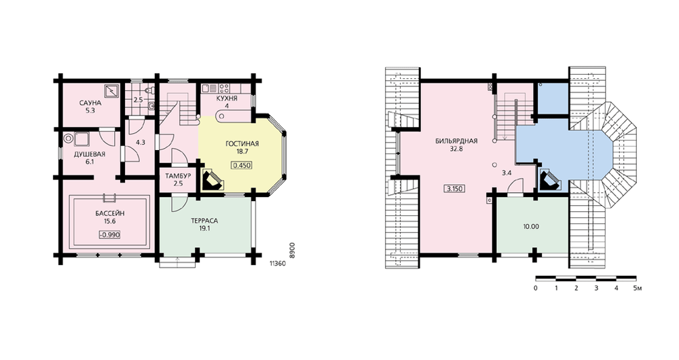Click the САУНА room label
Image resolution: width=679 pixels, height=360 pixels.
(90, 103)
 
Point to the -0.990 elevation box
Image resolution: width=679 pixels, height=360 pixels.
(109, 235)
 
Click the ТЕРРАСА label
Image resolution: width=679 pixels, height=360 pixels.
(204, 221)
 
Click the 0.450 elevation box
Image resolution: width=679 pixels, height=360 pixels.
(242, 166)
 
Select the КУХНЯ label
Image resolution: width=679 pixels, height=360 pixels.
(227, 98)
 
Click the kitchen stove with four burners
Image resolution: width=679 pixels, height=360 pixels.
(224, 88)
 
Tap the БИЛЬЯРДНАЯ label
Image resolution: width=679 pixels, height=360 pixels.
(456, 141)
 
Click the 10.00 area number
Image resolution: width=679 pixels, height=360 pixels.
(530, 227)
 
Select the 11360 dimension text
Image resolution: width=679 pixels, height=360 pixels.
(277, 262)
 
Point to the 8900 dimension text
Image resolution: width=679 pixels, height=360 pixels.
(292, 251)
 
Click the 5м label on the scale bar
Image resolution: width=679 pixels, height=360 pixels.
(637, 288)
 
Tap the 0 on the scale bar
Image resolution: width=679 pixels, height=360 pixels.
(536, 288)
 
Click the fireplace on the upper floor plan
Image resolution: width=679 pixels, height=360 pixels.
(550, 179)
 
